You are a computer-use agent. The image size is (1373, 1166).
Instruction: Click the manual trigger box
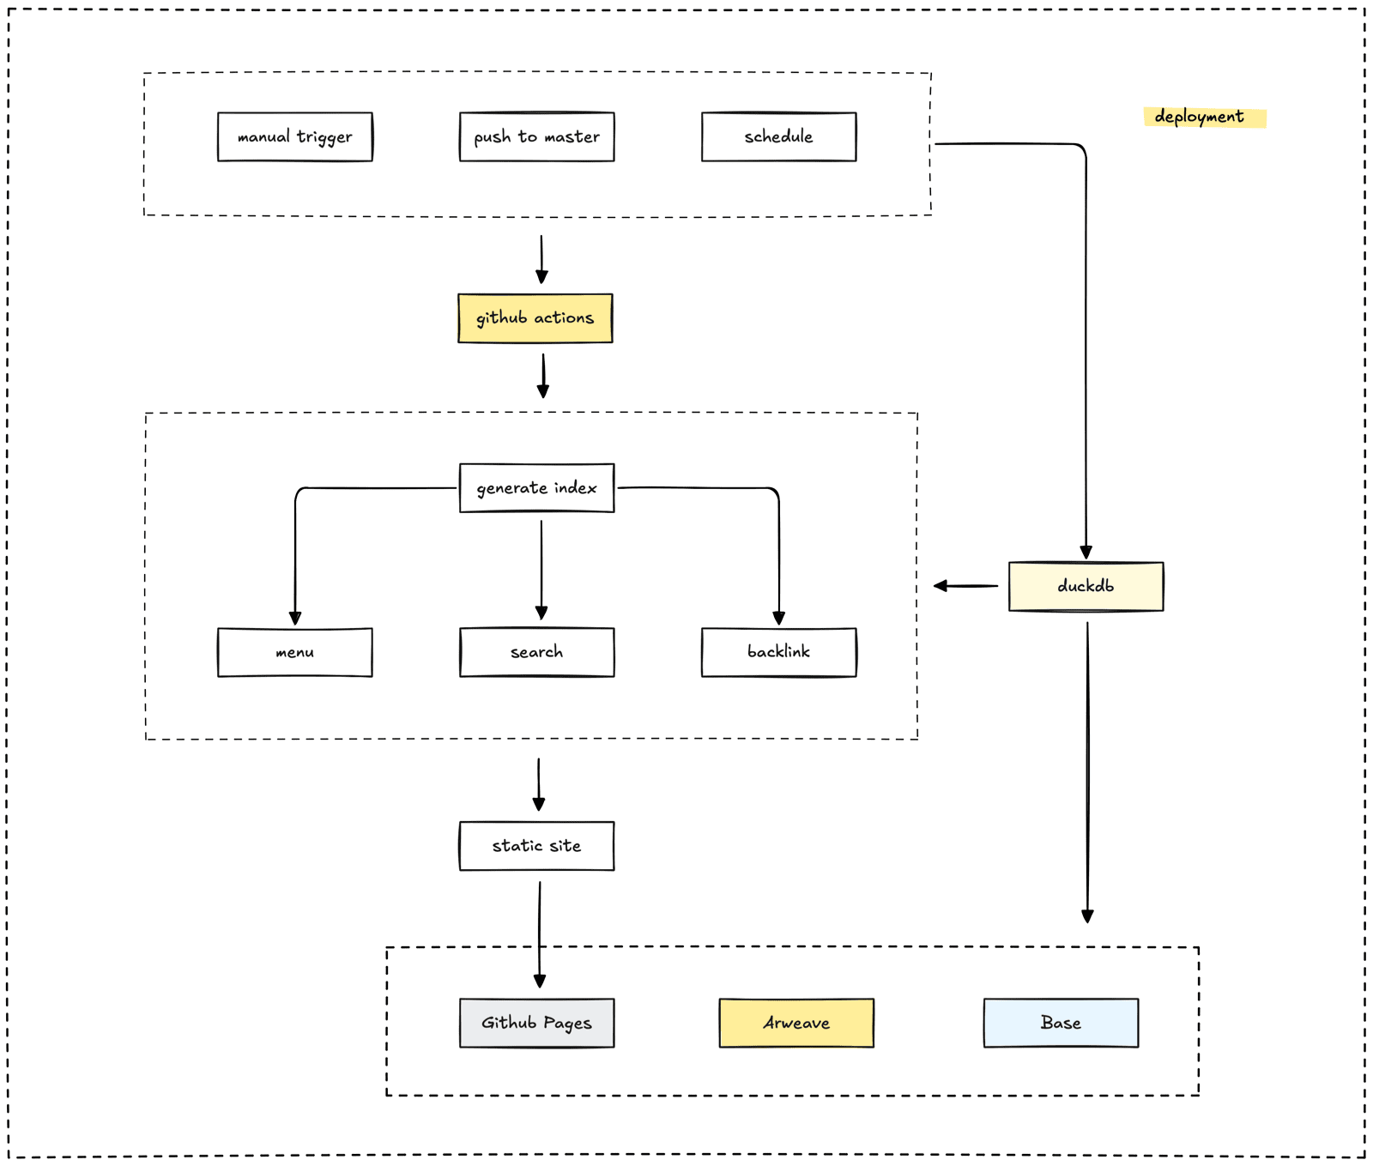pos(295,136)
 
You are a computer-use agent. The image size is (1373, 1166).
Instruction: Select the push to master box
pos(537,136)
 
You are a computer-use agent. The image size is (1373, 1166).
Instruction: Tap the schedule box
pos(779,136)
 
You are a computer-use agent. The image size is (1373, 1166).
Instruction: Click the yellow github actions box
pos(535,318)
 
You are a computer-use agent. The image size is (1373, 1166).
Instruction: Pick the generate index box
pos(537,488)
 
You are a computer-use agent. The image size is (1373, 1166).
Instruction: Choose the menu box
pos(295,652)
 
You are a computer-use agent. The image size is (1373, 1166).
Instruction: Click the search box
pos(537,652)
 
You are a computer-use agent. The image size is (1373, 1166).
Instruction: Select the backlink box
pos(779,652)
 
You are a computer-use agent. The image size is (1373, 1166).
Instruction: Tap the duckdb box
pos(1086,586)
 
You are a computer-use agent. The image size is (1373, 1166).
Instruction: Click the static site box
pos(537,846)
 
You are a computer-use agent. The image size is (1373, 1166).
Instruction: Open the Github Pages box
pos(537,1023)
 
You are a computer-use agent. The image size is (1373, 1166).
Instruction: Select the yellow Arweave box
pos(796,1023)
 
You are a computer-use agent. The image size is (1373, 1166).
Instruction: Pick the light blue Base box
pos(1062,1023)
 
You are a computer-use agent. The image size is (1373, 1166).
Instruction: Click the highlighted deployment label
pos(1205,117)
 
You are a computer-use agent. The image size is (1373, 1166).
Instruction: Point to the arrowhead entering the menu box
pos(295,619)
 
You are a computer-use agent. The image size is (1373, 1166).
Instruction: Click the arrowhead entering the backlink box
pos(779,619)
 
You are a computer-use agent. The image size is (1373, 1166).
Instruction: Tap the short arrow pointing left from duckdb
pos(965,586)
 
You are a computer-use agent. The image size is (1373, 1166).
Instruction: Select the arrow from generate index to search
pos(541,570)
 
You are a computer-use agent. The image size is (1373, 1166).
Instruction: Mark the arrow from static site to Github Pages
pos(540,935)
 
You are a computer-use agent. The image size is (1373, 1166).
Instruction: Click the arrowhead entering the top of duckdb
pos(1086,553)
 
